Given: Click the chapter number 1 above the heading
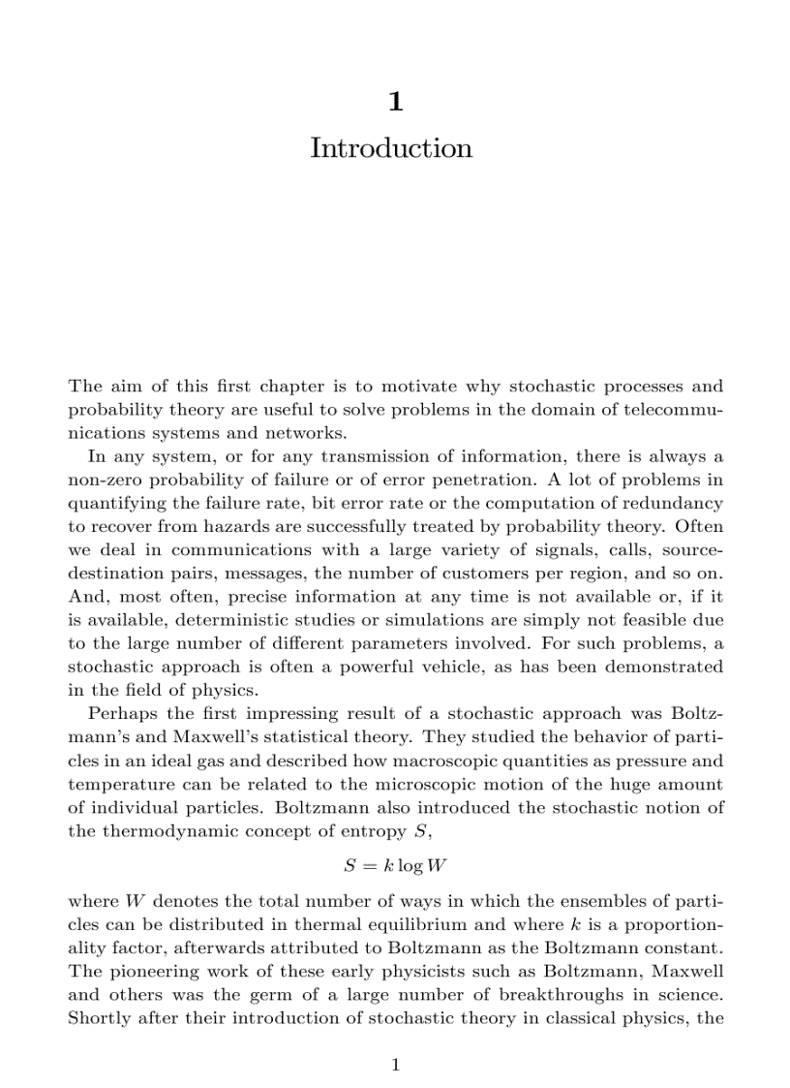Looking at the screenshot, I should click(x=395, y=101).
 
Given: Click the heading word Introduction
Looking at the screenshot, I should click(x=391, y=148).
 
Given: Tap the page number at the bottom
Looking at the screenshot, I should click(x=395, y=1066).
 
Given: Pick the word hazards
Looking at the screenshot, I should click(x=230, y=526).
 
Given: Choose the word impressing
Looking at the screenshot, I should click(x=258, y=714).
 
